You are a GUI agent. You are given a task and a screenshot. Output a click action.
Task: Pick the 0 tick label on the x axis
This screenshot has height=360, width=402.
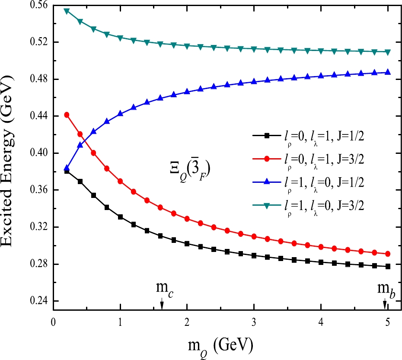(53, 322)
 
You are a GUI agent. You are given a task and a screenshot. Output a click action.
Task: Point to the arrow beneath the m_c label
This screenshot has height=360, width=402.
(162, 304)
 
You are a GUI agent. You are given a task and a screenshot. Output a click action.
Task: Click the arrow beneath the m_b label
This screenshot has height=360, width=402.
(385, 305)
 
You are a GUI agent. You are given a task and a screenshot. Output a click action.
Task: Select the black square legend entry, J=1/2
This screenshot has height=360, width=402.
(311, 136)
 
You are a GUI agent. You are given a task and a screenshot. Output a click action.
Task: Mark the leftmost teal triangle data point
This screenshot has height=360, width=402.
(67, 11)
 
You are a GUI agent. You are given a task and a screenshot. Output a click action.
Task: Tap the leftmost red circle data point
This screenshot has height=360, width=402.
(67, 115)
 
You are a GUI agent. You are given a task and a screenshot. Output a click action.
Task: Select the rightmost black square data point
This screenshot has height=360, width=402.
(388, 267)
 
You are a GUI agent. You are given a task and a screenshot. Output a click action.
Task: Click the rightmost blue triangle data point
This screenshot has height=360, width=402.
(388, 72)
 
